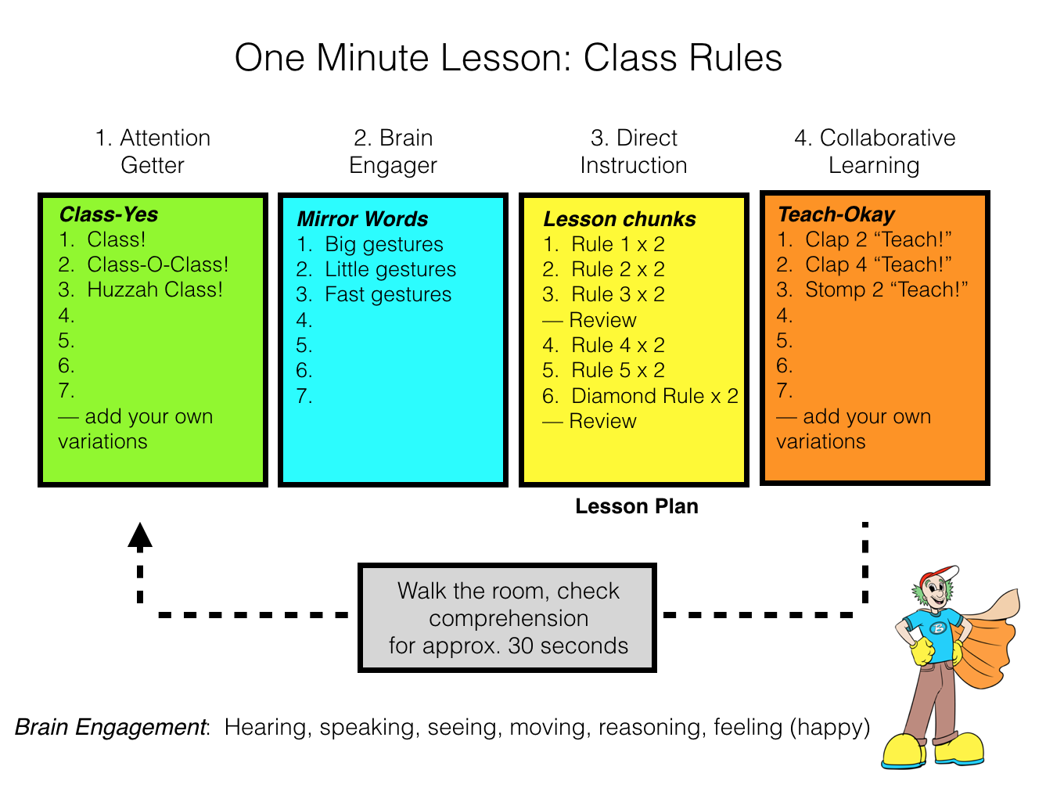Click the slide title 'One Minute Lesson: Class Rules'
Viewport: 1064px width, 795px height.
[509, 59]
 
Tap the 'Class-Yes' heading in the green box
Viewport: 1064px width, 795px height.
[109, 214]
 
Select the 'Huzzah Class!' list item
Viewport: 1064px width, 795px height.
[155, 290]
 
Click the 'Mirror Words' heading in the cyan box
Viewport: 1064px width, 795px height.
[363, 219]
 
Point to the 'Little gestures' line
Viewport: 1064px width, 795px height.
[390, 269]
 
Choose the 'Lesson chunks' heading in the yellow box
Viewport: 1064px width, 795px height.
[620, 219]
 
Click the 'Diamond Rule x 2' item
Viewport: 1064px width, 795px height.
[655, 396]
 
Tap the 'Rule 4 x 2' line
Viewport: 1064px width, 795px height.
[618, 345]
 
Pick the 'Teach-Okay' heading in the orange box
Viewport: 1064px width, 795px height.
[836, 214]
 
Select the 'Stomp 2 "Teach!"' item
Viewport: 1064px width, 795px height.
[886, 290]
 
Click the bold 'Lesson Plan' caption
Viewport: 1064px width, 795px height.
[637, 506]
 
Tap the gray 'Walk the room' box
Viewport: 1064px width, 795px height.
[507, 618]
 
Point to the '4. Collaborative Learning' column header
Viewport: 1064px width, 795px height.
[875, 152]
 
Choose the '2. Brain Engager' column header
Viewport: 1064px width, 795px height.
[393, 152]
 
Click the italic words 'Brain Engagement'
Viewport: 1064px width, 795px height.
[110, 727]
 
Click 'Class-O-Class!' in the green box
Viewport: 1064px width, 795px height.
[158, 264]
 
